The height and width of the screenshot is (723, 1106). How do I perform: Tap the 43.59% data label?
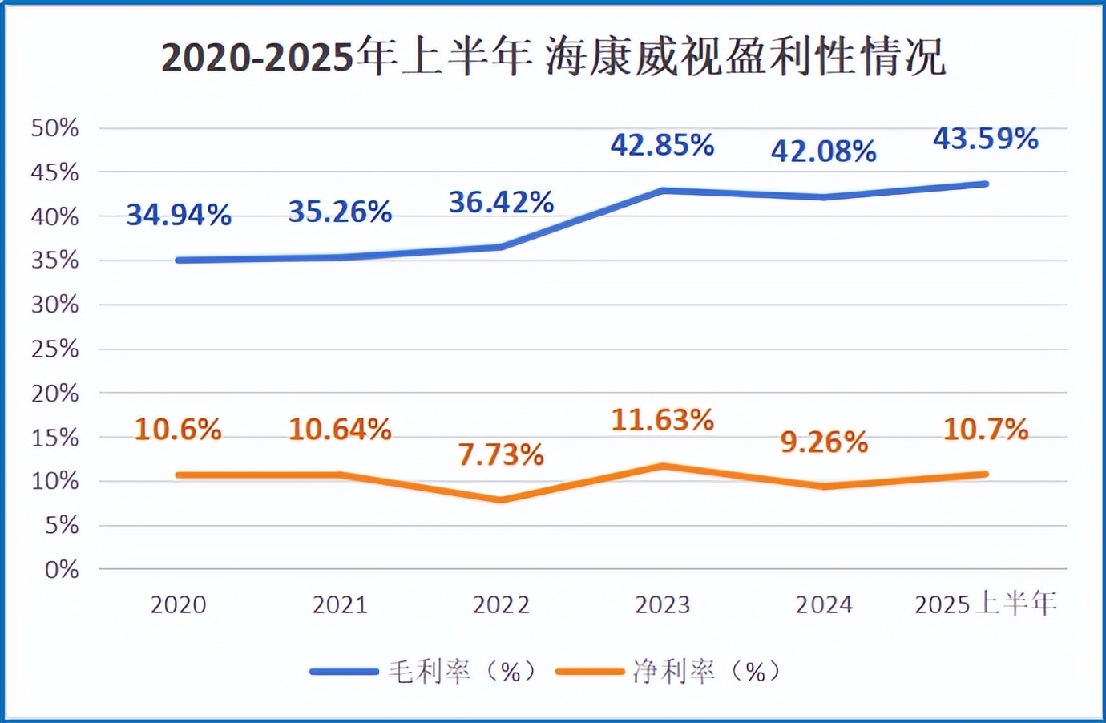point(985,139)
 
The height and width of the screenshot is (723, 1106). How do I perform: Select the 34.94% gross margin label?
point(179,214)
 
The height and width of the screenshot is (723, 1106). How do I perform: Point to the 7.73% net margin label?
point(501,454)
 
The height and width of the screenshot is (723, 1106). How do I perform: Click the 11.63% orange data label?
point(662,419)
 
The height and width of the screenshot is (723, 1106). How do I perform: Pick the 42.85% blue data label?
point(662,144)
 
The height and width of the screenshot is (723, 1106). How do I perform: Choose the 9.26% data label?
point(824,442)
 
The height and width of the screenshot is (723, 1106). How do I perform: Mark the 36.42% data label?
point(501,202)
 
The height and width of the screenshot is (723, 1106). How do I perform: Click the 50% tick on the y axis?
point(54,127)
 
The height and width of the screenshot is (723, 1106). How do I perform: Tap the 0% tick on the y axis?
point(62,569)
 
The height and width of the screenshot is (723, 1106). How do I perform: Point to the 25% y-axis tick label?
point(54,349)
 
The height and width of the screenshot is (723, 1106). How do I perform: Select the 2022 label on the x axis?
point(501,604)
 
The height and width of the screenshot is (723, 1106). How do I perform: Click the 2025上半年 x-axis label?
point(985,604)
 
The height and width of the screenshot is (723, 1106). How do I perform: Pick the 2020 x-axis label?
point(179,604)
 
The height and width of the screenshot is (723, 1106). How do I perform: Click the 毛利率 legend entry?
point(426,671)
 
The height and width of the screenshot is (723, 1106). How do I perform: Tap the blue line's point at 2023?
point(663,191)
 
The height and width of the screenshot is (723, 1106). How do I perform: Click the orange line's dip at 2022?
point(502,499)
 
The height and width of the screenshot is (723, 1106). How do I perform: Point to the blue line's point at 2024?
point(824,196)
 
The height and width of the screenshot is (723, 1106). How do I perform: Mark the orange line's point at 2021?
point(341,475)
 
